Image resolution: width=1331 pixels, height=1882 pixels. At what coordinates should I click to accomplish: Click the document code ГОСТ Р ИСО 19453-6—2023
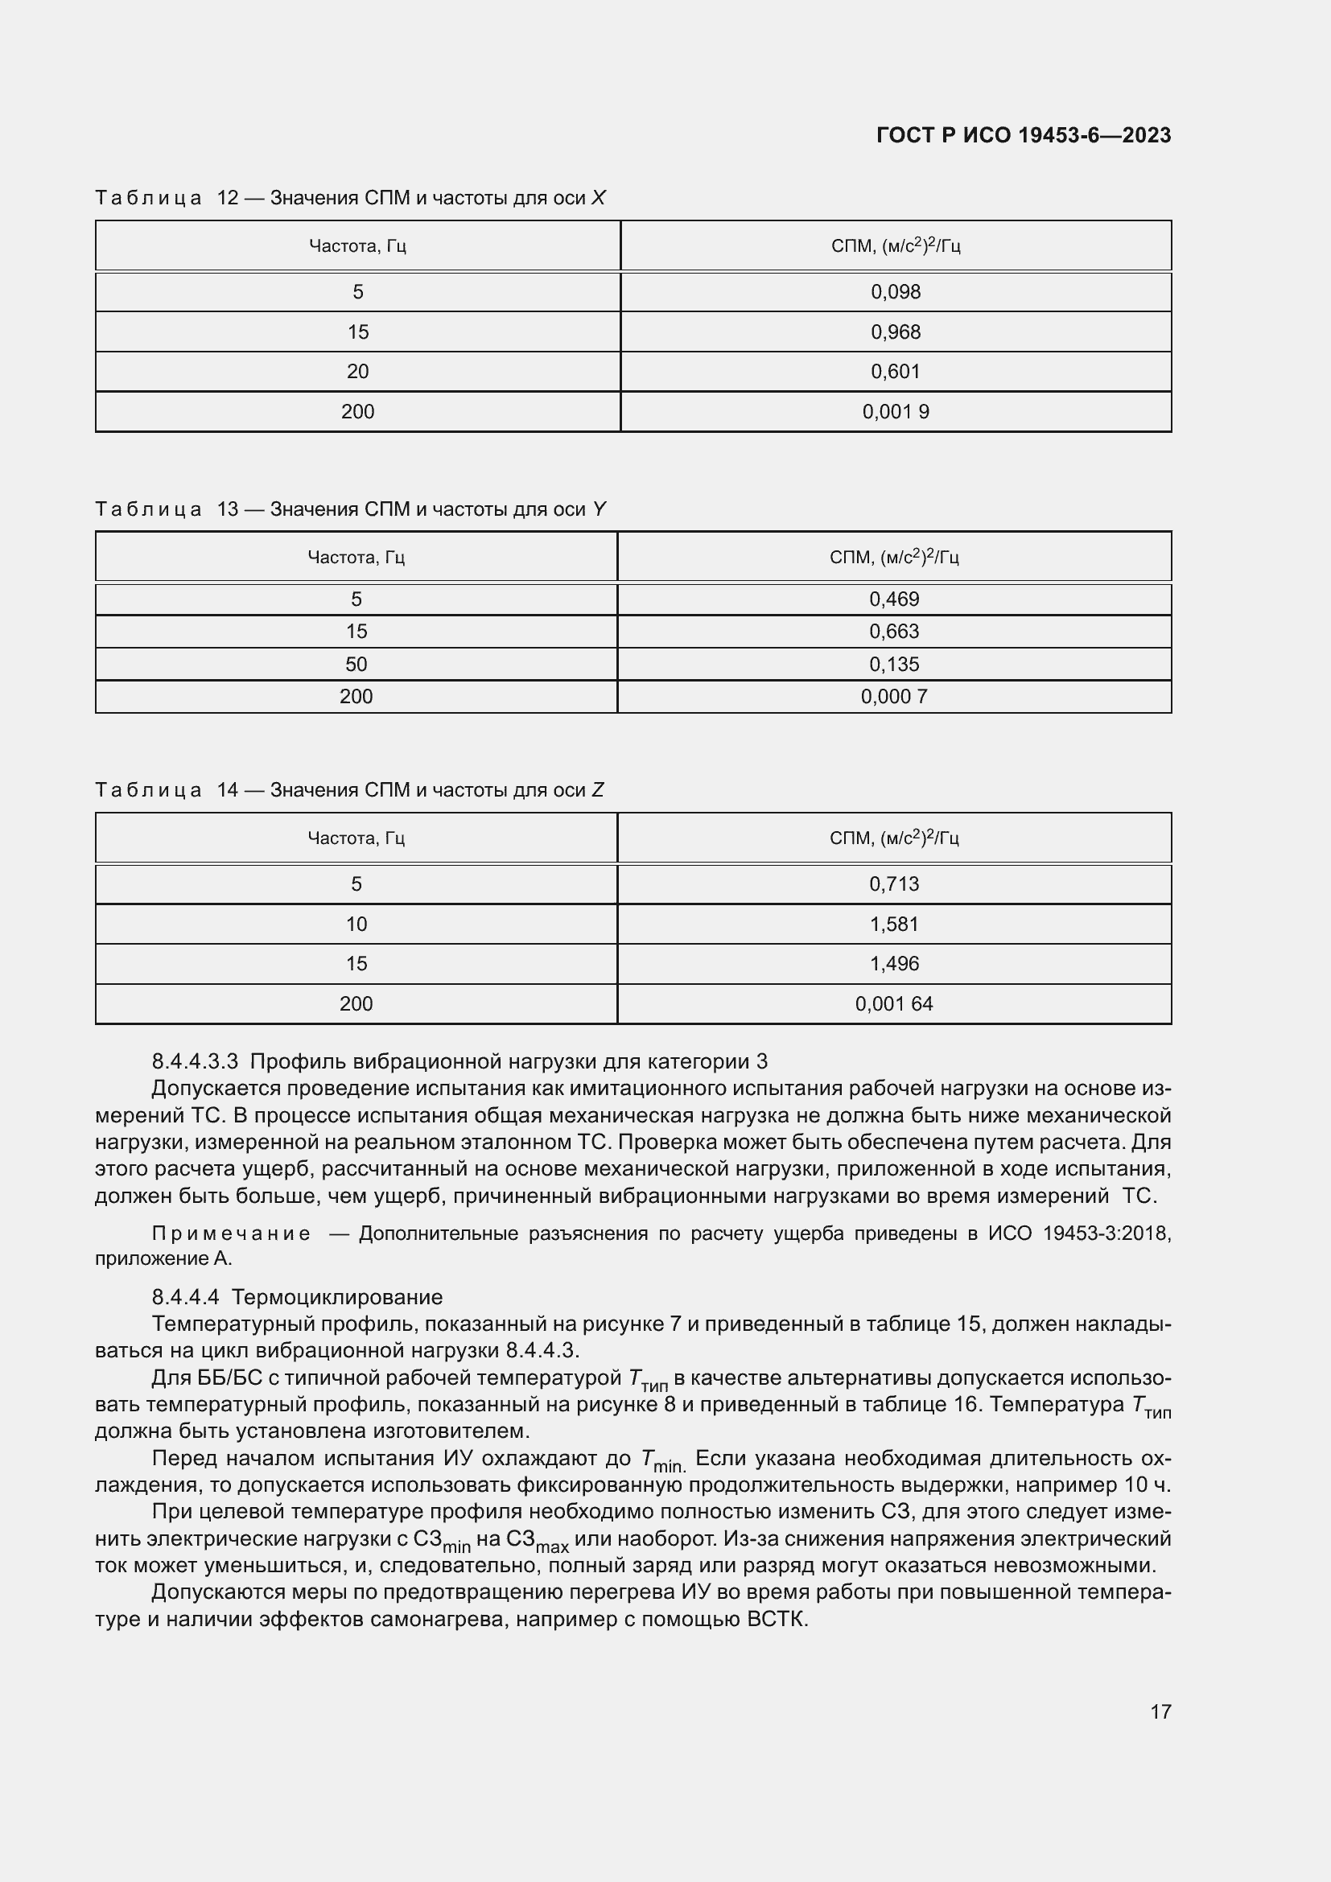[1023, 135]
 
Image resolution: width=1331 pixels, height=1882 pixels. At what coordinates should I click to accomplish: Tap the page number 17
[1160, 1711]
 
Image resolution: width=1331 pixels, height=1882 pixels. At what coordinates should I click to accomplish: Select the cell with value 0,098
[895, 292]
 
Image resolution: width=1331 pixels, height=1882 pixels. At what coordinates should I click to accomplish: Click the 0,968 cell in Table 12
[895, 332]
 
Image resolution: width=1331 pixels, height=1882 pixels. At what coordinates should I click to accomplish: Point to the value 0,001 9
[895, 411]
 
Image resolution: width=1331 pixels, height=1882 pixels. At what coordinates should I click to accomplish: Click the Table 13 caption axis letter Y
[600, 509]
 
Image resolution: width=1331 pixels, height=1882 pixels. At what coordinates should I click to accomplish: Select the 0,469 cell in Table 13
[893, 599]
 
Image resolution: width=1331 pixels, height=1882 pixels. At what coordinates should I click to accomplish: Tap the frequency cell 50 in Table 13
[356, 664]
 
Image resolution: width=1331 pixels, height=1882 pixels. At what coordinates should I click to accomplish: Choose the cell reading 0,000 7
[893, 697]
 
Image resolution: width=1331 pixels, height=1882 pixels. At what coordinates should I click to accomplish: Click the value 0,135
[893, 664]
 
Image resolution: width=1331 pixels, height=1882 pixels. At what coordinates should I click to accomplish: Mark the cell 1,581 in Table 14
[893, 924]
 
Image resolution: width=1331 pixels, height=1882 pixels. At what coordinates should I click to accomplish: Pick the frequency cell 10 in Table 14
[356, 924]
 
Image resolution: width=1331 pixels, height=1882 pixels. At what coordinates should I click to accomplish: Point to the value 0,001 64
[893, 1003]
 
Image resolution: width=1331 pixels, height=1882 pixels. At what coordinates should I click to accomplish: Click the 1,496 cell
[893, 963]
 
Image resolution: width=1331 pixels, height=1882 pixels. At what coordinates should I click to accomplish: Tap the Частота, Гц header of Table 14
[356, 838]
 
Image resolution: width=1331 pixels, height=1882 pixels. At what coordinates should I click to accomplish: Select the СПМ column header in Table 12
[895, 246]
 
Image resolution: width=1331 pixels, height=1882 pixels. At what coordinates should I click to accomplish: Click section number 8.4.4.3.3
[194, 1061]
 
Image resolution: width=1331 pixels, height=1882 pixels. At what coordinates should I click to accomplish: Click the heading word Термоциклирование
[337, 1297]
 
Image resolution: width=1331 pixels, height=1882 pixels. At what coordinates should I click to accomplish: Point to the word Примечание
[230, 1233]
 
